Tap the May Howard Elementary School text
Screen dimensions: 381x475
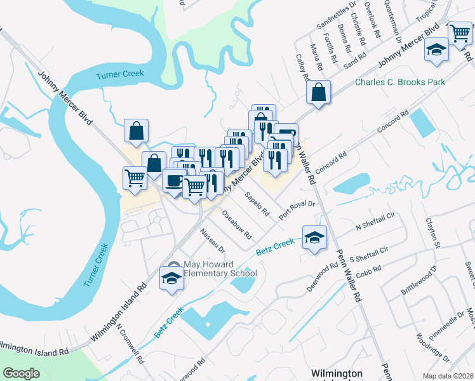[x=220, y=269]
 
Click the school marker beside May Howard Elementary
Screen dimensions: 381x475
[x=171, y=277]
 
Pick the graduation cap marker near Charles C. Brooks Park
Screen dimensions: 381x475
[x=436, y=50]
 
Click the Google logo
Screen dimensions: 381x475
[x=21, y=373]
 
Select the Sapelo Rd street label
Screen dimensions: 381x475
[x=257, y=204]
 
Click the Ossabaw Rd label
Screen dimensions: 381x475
[x=234, y=224]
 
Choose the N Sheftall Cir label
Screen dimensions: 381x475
[x=375, y=220]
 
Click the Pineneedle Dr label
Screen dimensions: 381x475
[x=448, y=327]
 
